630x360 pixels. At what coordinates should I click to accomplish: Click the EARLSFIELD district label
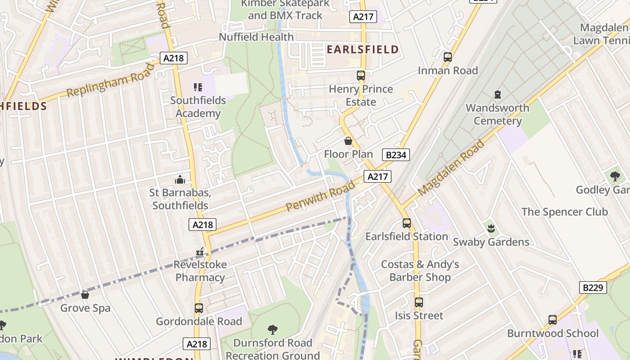point(363,49)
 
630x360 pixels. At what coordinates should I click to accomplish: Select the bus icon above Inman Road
point(447,57)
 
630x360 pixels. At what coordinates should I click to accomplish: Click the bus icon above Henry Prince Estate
point(360,76)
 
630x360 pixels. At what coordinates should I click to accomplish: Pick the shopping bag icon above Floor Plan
point(348,141)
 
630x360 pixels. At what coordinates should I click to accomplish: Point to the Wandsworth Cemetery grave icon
point(497,94)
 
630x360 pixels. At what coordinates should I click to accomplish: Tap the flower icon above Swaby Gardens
point(491,229)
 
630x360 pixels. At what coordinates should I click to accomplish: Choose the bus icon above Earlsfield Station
point(406,223)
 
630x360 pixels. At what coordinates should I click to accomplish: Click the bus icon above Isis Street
point(419,302)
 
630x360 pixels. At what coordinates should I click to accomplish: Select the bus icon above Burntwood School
point(552,320)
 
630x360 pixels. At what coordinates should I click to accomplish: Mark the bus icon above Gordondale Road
point(198,308)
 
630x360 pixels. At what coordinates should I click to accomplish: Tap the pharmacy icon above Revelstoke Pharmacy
point(200,252)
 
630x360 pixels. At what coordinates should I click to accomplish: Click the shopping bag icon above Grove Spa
point(85,295)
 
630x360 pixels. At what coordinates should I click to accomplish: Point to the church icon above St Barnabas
point(180,180)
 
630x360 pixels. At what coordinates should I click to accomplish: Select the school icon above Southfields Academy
point(198,87)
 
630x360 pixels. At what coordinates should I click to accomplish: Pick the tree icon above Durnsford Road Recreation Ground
point(272,330)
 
